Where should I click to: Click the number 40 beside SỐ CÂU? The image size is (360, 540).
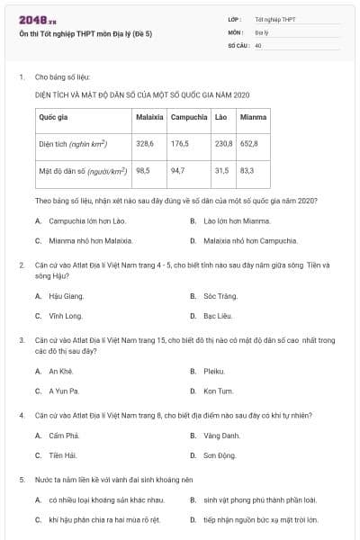pos(258,43)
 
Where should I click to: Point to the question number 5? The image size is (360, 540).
pos(21,480)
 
